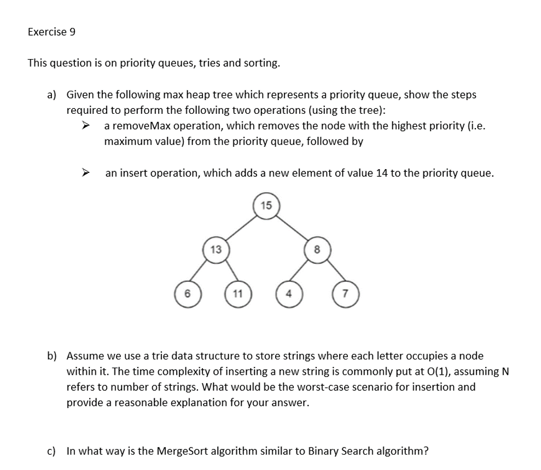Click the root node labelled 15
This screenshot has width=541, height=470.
(266, 206)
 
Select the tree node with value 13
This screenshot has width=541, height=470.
(216, 250)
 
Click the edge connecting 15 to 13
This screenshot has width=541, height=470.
(241, 228)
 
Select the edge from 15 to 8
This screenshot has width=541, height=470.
(292, 228)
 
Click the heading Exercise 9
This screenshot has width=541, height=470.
(51, 32)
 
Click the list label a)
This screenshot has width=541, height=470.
(51, 95)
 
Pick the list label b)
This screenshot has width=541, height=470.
(51, 356)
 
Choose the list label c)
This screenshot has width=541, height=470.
(51, 451)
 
